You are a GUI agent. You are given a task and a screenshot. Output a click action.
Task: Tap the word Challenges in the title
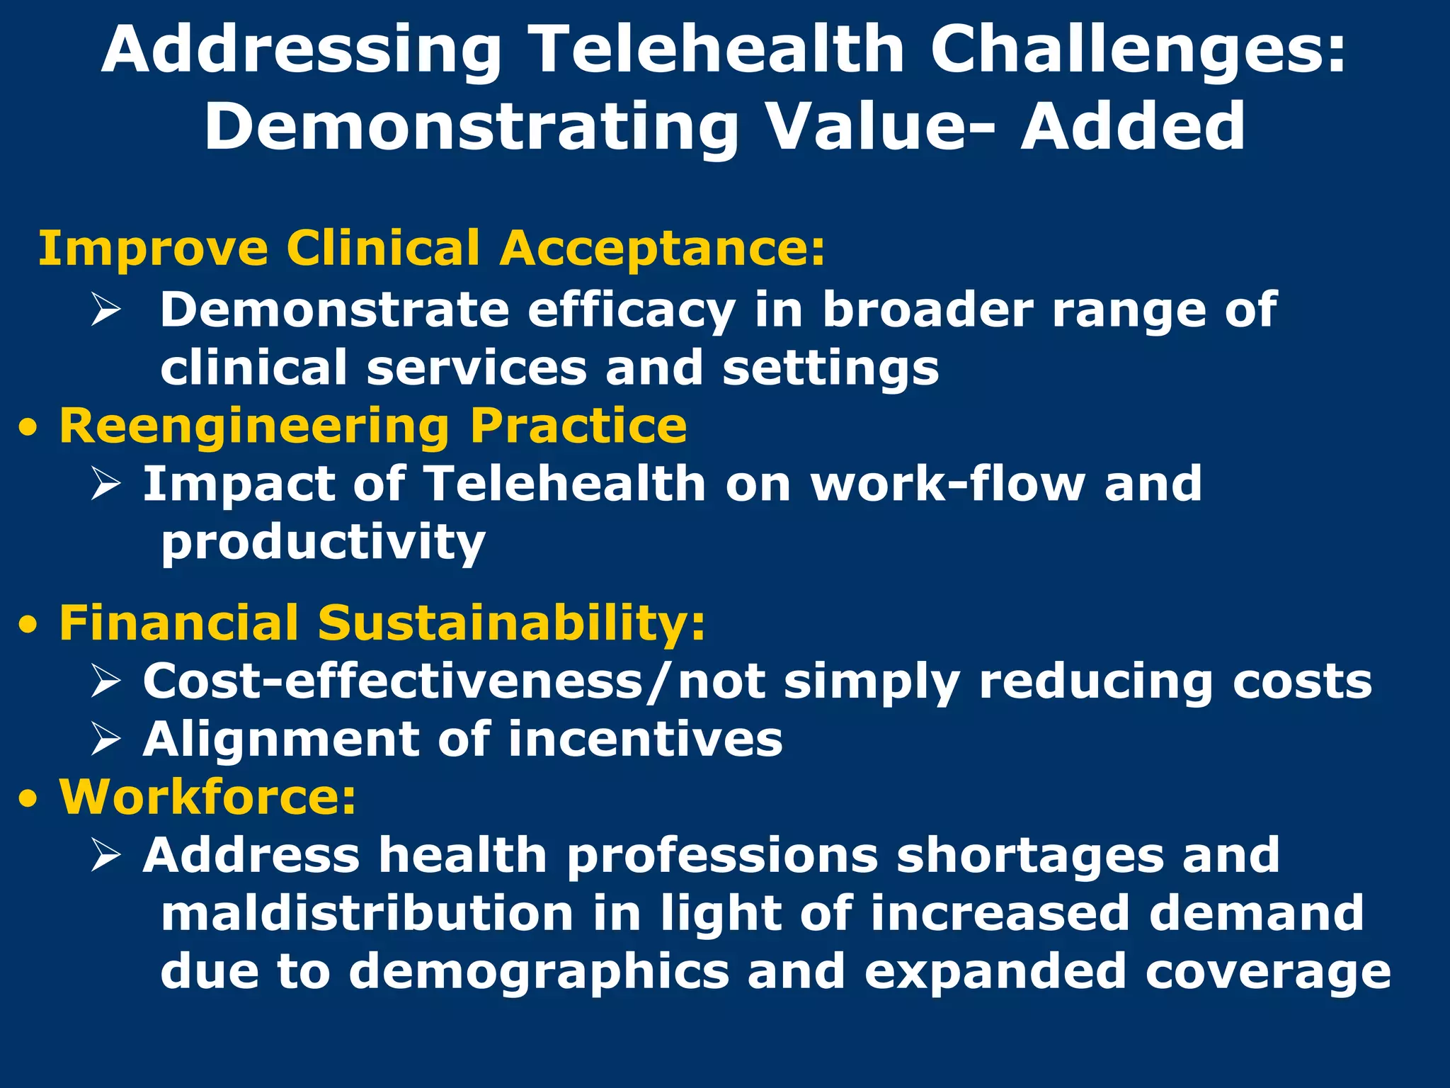1137,50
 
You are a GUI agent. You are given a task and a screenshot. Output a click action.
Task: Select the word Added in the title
1132,127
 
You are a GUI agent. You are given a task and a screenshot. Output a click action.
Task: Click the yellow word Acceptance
662,249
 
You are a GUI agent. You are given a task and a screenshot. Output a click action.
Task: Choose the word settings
830,368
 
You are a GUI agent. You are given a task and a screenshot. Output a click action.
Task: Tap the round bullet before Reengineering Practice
28,428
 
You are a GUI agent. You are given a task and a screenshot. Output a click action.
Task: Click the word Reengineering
254,426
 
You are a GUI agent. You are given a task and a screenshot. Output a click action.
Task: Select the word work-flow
947,484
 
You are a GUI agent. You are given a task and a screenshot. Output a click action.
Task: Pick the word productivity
323,543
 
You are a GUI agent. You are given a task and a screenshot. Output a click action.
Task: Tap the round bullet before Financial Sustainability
28,625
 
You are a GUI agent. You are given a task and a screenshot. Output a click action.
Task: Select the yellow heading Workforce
207,797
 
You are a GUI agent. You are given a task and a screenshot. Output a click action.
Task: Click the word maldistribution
367,913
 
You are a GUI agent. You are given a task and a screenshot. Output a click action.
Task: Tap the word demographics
539,972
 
